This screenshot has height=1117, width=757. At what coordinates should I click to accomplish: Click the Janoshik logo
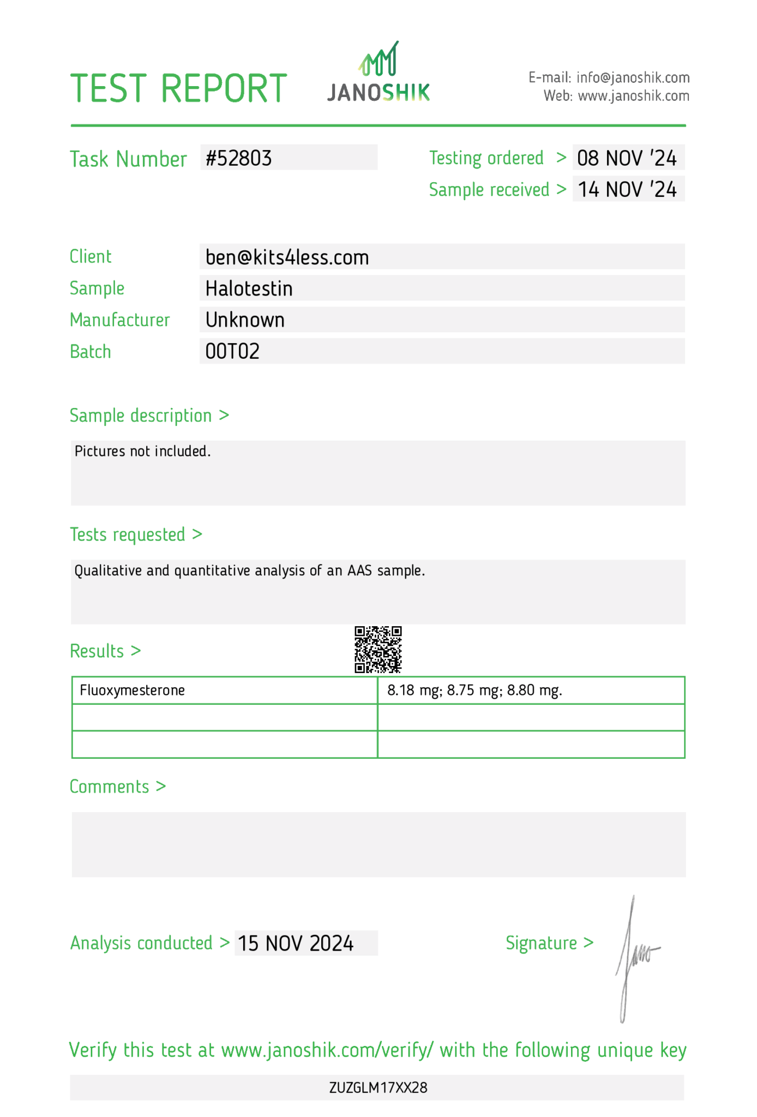tap(378, 74)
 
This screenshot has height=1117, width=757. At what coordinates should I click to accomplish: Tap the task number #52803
tap(239, 158)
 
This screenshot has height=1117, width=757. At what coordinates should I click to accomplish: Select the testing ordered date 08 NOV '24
tap(627, 158)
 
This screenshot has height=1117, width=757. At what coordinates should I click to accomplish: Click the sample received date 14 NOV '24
tap(627, 190)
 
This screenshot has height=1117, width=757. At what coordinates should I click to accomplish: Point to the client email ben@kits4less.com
tap(287, 257)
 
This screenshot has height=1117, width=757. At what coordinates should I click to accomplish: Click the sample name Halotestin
tap(249, 289)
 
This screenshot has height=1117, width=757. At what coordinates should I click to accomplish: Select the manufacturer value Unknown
tap(245, 320)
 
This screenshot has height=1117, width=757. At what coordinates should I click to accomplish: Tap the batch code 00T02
tap(232, 352)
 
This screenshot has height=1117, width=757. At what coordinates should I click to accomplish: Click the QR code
tap(378, 649)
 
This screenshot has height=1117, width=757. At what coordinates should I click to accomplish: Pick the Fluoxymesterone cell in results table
tap(133, 690)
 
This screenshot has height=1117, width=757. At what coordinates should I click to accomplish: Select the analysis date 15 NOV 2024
tap(296, 944)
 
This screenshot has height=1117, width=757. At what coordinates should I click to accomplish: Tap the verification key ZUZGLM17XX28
tap(378, 1088)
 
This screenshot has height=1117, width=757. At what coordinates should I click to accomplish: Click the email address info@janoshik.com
tap(633, 77)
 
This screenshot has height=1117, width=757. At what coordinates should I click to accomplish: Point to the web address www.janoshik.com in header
tap(633, 96)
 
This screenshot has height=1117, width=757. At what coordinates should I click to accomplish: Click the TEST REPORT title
tap(178, 88)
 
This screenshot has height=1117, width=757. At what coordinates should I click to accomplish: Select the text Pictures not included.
tap(142, 451)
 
